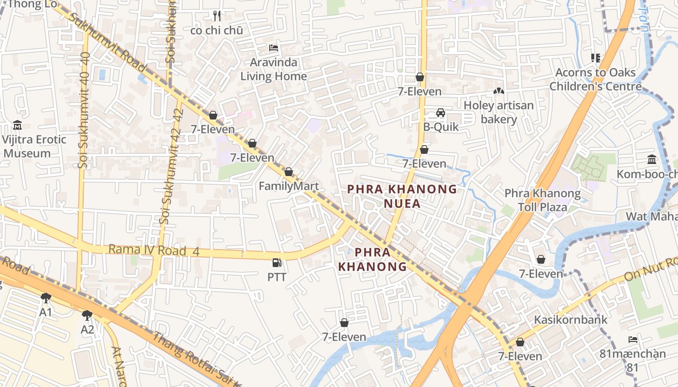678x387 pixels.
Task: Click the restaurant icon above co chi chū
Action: (217, 16)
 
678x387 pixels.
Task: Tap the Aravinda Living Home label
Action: (274, 69)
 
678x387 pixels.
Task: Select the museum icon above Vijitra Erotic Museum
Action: (17, 125)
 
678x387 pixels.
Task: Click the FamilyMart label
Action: (289, 186)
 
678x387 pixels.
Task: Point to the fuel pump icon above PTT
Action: (277, 263)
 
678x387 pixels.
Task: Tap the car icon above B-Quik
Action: (440, 113)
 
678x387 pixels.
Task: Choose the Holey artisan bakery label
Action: (499, 112)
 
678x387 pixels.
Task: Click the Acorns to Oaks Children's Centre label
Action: (595, 79)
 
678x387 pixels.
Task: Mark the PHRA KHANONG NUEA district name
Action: (402, 196)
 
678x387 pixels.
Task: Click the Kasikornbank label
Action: (570, 320)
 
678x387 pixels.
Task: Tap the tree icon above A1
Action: (46, 298)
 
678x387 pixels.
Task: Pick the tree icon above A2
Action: (87, 315)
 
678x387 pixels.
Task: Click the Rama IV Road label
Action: (147, 250)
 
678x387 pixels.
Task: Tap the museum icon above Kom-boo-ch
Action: (652, 160)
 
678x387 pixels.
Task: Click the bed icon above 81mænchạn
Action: (632, 339)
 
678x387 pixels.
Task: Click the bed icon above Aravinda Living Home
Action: (274, 48)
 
